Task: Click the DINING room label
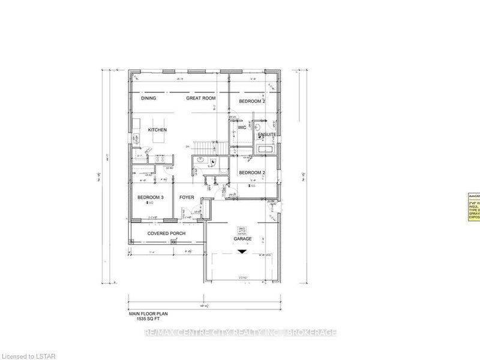pyautogui.click(x=148, y=98)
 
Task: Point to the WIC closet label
pyautogui.click(x=242, y=128)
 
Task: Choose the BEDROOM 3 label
pyautogui.click(x=151, y=196)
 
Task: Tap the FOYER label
pyautogui.click(x=187, y=196)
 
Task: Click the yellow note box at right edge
pyautogui.click(x=473, y=207)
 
